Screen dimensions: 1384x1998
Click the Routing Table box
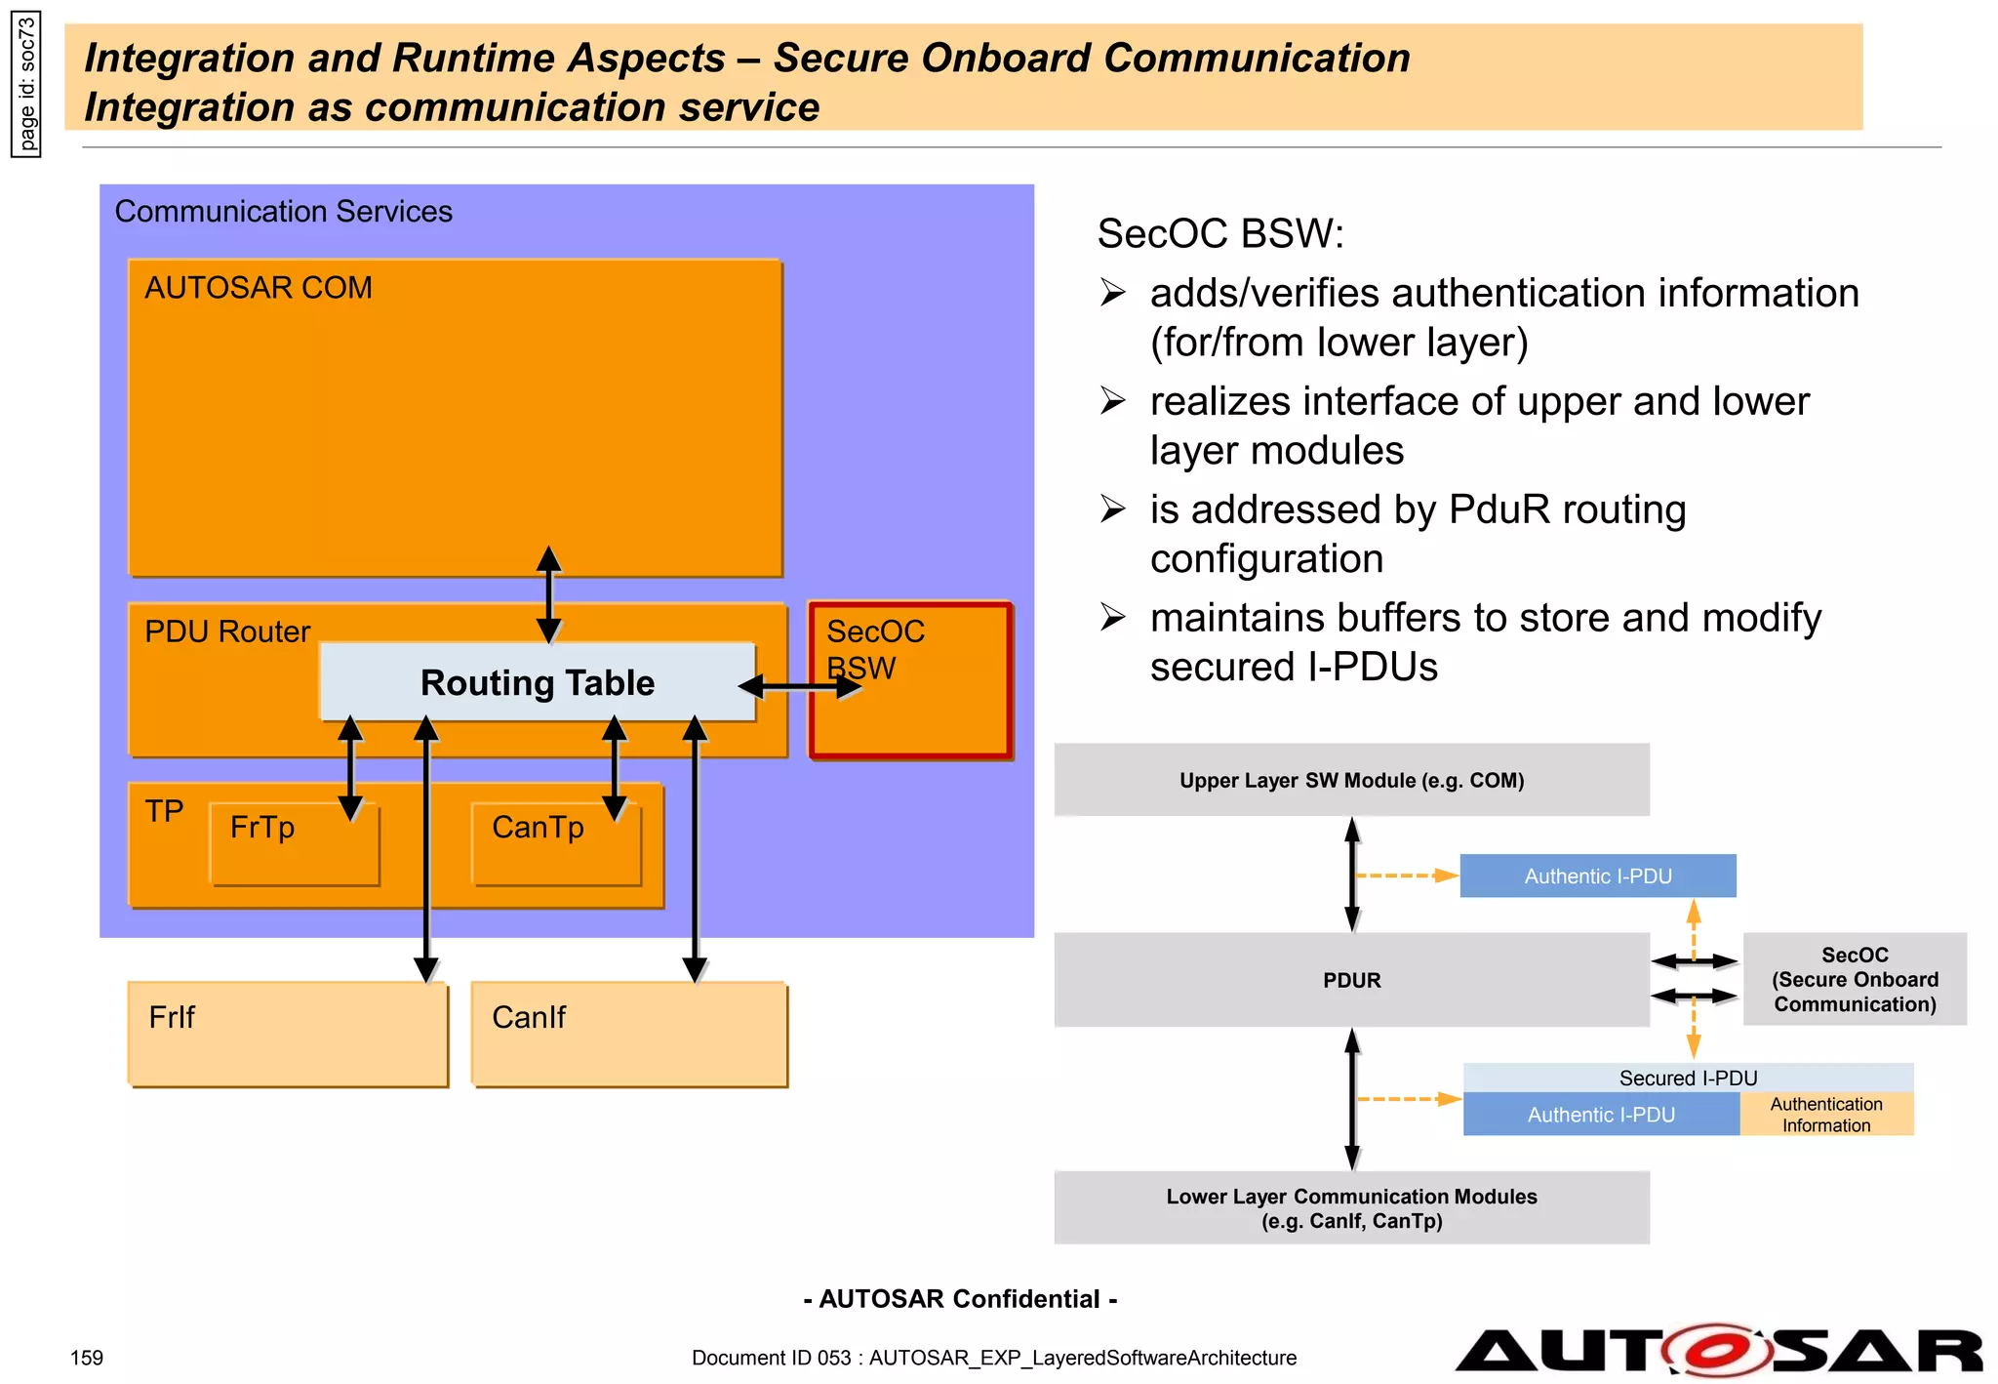(538, 682)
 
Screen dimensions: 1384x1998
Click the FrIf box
(288, 1034)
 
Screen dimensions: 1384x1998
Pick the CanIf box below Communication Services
(629, 1034)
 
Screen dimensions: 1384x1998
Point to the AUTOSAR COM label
(259, 288)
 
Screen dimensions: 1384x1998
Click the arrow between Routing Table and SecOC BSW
(800, 687)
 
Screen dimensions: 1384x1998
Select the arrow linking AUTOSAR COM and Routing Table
(549, 595)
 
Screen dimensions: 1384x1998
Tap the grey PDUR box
(1351, 980)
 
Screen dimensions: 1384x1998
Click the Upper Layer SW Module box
(1351, 780)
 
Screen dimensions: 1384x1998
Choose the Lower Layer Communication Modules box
(1351, 1208)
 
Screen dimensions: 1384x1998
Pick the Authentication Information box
(1826, 1115)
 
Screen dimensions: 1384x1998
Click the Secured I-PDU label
(1688, 1078)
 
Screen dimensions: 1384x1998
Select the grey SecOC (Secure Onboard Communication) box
(1855, 979)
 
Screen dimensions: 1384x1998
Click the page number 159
(87, 1358)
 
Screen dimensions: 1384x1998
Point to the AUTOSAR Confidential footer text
(960, 1299)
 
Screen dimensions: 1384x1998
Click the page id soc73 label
(26, 84)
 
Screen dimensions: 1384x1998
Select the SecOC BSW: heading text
(1220, 233)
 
